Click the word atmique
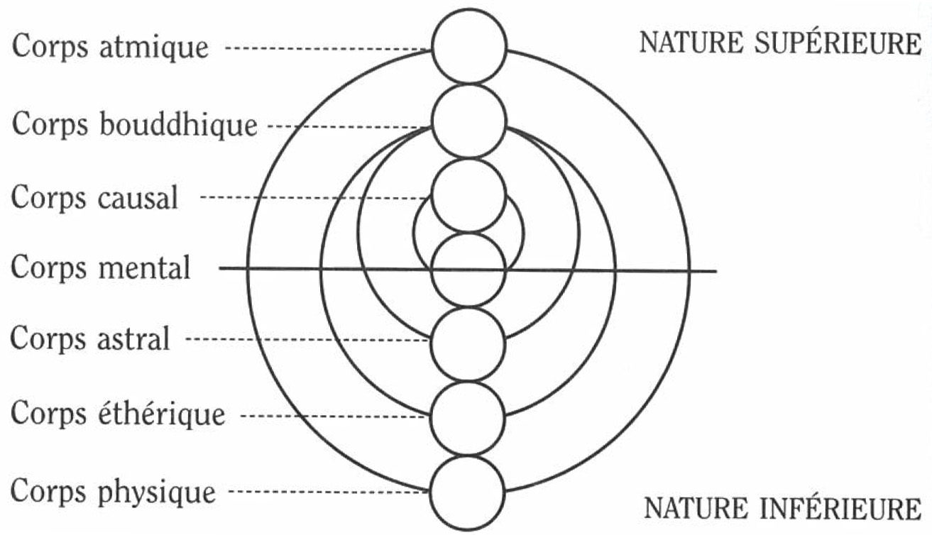pos(154,47)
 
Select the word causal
pos(138,197)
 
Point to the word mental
pos(145,267)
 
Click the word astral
pos(133,338)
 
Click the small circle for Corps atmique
pos(469,45)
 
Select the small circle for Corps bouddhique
pos(469,121)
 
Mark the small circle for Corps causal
pos(469,196)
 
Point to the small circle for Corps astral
pos(468,344)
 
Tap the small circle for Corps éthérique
pos(468,419)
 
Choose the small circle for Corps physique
pos(467,493)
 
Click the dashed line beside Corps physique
pos(329,492)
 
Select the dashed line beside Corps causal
pos(316,197)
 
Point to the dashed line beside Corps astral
pos(308,340)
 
